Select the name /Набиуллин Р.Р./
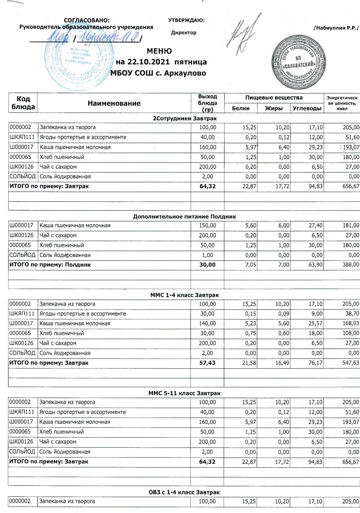336,28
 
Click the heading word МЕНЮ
159,51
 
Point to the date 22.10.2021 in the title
148,62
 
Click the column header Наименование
114,103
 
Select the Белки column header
240,108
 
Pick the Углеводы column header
307,108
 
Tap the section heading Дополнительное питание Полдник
184,216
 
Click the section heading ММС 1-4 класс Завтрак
184,295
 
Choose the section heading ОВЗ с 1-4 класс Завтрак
184,492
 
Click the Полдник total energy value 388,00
351,265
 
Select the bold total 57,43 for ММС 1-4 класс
207,363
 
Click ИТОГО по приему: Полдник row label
50,265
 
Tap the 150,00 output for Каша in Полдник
207,225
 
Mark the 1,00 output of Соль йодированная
207,255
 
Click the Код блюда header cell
23,103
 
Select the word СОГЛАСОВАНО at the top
87,20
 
